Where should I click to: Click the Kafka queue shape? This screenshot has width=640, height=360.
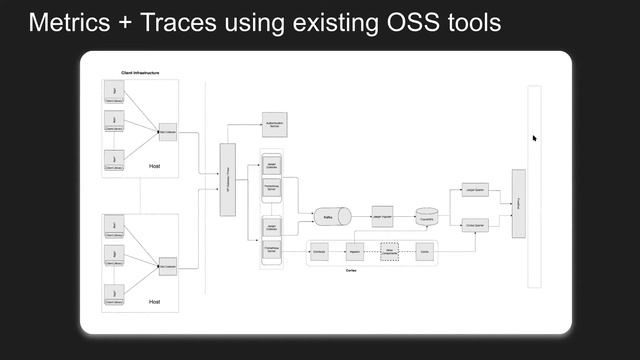pos(329,216)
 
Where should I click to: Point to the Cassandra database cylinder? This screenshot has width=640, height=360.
pos(427,216)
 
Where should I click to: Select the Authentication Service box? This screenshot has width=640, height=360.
pos(276,124)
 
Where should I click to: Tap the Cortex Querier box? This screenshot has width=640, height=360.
pos(475,225)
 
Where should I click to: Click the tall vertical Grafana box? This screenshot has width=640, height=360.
pos(518,204)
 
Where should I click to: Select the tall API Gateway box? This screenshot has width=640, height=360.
pos(227,179)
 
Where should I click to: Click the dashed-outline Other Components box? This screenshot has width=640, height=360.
pos(389,251)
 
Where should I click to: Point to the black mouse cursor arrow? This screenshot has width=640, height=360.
pos(534,138)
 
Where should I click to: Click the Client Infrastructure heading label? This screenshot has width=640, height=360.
pos(140,73)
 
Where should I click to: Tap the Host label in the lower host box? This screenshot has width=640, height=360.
pos(154,300)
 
